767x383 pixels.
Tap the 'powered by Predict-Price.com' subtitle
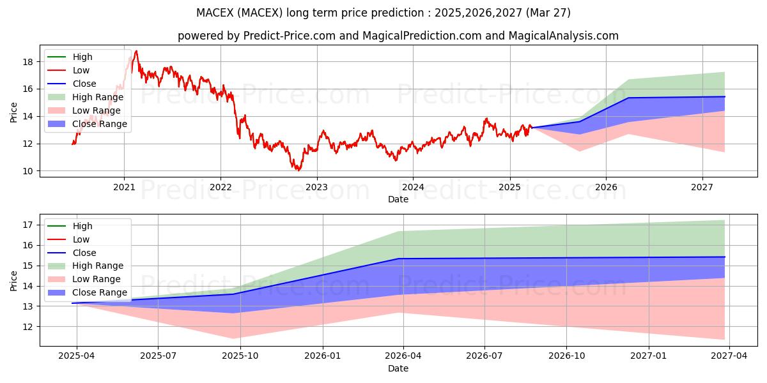click(398, 36)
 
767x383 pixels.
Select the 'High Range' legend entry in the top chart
click(98, 97)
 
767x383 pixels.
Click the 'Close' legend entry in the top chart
click(84, 84)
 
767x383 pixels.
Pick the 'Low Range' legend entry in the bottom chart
click(97, 279)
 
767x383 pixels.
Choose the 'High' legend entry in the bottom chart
click(82, 226)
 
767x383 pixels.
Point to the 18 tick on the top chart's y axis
click(28, 62)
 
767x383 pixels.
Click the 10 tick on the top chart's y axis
click(28, 171)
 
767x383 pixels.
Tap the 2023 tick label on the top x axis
click(316, 188)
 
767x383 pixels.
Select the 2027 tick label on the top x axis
click(702, 188)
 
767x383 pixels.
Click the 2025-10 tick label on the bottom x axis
click(240, 357)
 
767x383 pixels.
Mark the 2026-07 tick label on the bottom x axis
click(484, 357)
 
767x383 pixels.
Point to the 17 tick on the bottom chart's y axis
click(28, 225)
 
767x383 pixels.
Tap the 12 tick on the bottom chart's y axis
click(28, 327)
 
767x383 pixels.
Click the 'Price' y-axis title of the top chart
click(13, 113)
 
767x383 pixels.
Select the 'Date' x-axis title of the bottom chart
click(398, 368)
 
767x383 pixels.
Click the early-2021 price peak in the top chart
click(136, 51)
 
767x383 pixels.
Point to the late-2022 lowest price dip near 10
click(298, 170)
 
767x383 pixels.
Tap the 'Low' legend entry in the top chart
click(81, 70)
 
